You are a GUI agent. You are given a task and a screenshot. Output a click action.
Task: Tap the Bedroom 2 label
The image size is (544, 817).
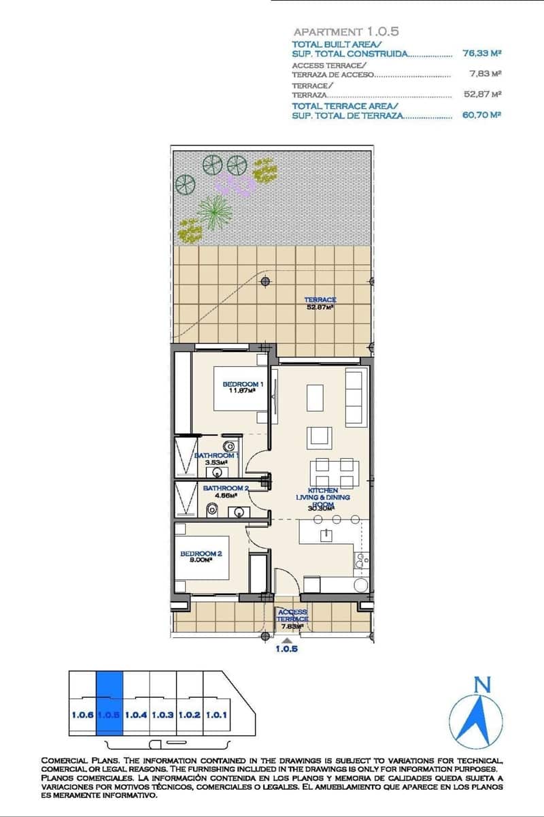tap(201, 557)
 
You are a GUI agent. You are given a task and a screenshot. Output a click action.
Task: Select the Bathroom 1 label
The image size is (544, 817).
tap(216, 458)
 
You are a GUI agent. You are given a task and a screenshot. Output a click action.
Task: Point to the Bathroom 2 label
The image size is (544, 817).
tap(226, 491)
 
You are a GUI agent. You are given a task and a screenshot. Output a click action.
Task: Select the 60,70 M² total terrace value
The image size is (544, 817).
tap(481, 115)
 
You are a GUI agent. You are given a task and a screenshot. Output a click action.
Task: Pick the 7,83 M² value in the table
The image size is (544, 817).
tap(485, 74)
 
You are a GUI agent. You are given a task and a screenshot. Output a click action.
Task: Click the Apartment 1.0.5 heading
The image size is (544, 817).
tap(345, 31)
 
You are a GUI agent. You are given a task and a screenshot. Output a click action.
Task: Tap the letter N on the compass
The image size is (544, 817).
tap(481, 684)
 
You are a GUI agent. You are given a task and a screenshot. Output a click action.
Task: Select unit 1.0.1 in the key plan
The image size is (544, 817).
tap(216, 716)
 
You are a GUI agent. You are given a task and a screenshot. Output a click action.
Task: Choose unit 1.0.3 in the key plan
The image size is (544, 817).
tap(163, 716)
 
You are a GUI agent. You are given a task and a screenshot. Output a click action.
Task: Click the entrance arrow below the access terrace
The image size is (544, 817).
tap(287, 640)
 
